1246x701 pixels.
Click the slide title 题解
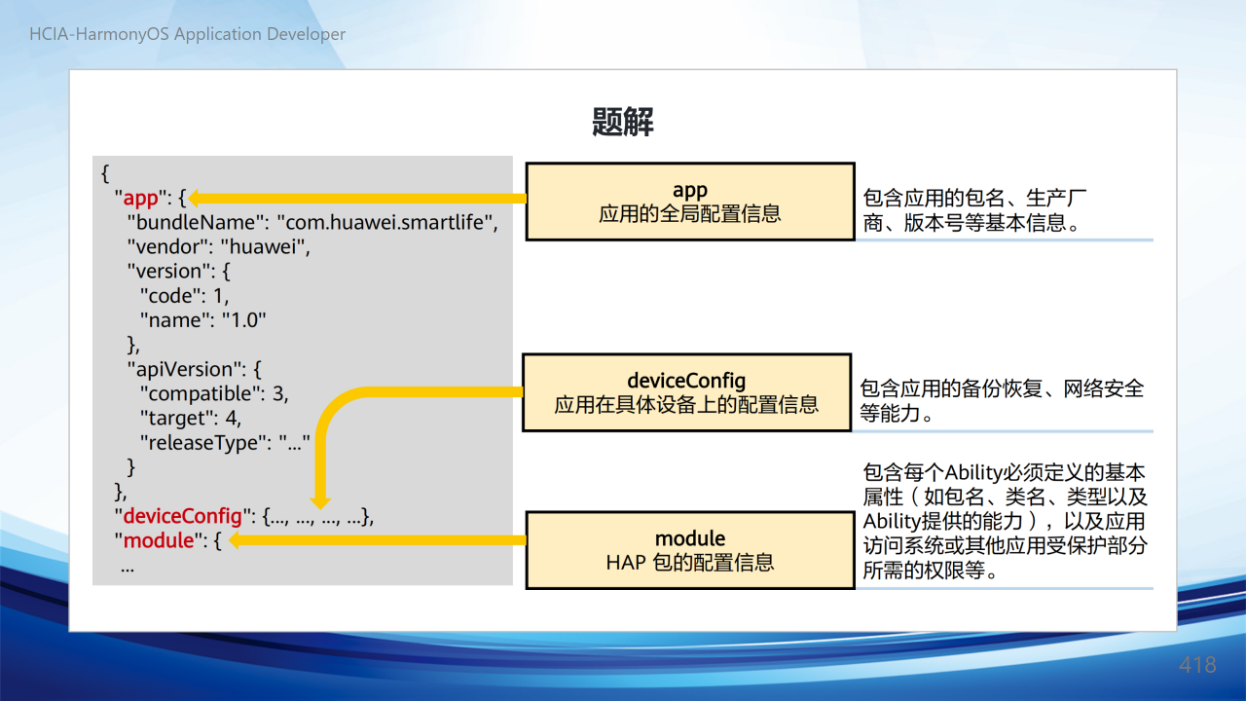click(622, 122)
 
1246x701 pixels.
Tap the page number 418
click(1197, 665)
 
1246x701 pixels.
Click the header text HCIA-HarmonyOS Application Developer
click(188, 34)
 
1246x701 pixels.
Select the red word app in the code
click(141, 198)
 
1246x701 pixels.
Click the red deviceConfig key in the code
click(182, 516)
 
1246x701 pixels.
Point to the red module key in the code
click(159, 540)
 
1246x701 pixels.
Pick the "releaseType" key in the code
click(205, 443)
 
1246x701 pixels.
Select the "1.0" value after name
click(244, 320)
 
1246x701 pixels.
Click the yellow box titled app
click(690, 202)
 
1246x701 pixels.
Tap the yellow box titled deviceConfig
click(687, 392)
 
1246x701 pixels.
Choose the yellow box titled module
click(690, 550)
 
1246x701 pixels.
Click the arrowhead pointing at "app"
click(194, 199)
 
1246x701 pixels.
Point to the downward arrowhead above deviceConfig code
click(320, 503)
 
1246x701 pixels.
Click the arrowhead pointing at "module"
click(235, 540)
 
